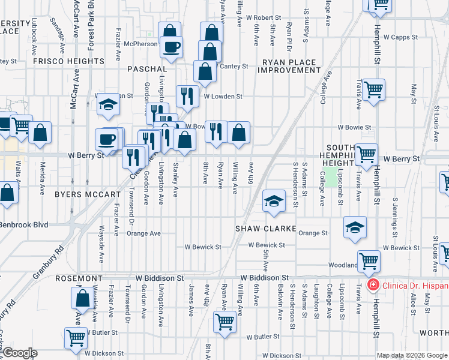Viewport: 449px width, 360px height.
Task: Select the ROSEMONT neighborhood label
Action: point(80,279)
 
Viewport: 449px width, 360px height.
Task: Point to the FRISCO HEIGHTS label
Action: point(68,61)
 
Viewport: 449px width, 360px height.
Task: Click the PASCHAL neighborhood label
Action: point(146,70)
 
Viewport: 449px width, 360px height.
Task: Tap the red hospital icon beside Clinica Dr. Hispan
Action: point(373,284)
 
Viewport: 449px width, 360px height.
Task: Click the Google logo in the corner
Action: point(19,353)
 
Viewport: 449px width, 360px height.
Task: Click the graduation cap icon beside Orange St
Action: point(355,227)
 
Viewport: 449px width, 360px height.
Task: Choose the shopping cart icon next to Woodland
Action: point(369,260)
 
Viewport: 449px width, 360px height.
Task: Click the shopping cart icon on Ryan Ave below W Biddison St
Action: point(224,321)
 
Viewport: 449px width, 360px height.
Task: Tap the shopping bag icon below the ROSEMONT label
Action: point(82,298)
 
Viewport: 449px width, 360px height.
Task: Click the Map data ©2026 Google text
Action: point(411,355)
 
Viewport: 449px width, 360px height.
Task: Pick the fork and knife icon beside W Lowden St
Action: point(187,95)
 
